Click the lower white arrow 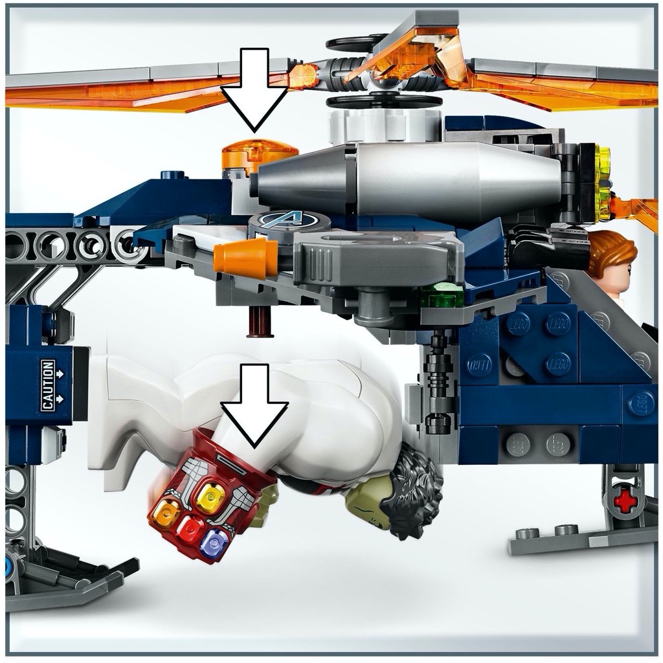254,408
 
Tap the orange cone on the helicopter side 240,258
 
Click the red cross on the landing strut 625,500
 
